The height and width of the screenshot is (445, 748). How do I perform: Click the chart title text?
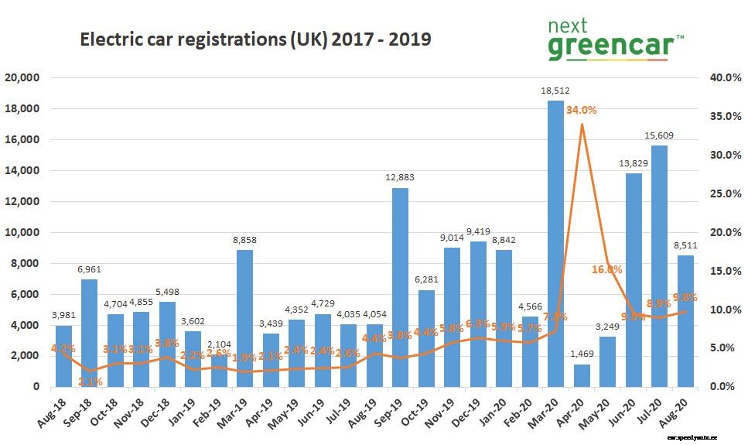click(x=255, y=39)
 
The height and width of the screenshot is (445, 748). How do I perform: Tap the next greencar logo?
click(x=615, y=40)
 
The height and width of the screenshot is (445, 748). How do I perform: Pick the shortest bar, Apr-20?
click(x=582, y=375)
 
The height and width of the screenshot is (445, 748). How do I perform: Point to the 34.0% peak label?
click(x=581, y=110)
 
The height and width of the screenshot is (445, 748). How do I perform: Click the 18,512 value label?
click(x=555, y=91)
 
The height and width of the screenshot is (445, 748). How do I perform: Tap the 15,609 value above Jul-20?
click(x=659, y=136)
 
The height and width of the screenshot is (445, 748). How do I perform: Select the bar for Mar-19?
click(x=244, y=318)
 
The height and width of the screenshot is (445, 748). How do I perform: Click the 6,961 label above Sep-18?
click(x=89, y=269)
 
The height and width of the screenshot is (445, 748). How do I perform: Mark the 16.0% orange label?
click(x=607, y=269)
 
